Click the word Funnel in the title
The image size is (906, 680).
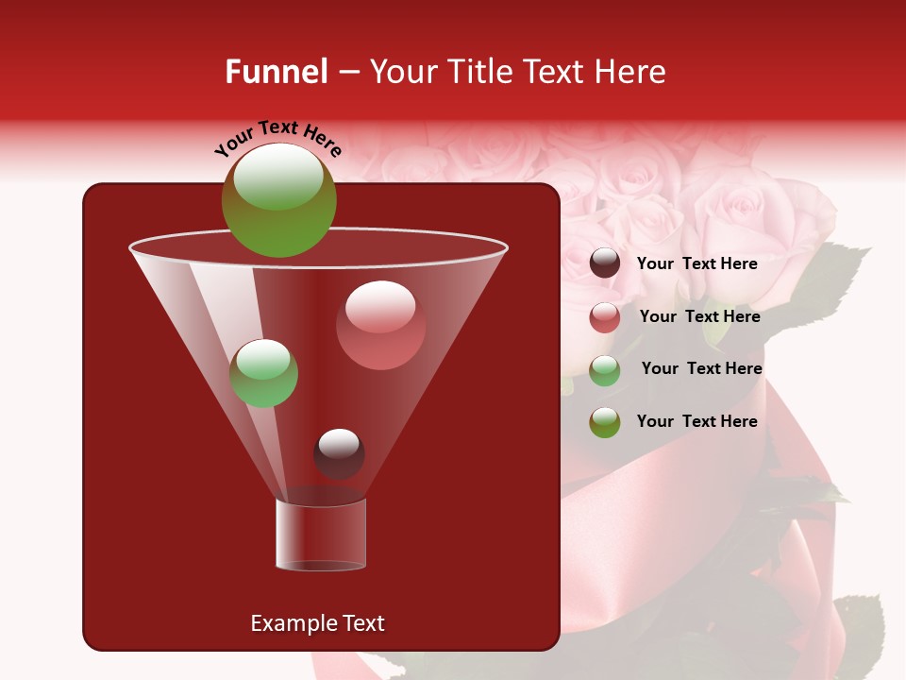pos(277,72)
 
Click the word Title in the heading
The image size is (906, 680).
pos(479,72)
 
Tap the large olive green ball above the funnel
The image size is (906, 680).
pos(278,200)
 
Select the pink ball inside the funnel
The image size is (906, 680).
pos(380,325)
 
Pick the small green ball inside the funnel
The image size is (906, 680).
pos(264,373)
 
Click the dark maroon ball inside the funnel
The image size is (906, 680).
pos(339,453)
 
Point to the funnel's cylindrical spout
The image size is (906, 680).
pos(321,535)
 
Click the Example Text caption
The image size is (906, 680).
pos(318,623)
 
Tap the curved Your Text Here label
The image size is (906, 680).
pos(278,139)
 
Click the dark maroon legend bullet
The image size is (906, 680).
pos(605,263)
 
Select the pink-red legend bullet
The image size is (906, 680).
pos(605,317)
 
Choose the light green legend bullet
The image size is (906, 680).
pos(605,370)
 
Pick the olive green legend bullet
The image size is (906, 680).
pos(605,422)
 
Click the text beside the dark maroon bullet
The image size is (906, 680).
pos(697,264)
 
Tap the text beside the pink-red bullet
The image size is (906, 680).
pos(699,317)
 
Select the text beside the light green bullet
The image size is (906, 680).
pos(701,369)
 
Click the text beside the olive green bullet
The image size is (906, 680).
pos(697,421)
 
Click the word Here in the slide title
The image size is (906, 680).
pos(630,72)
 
